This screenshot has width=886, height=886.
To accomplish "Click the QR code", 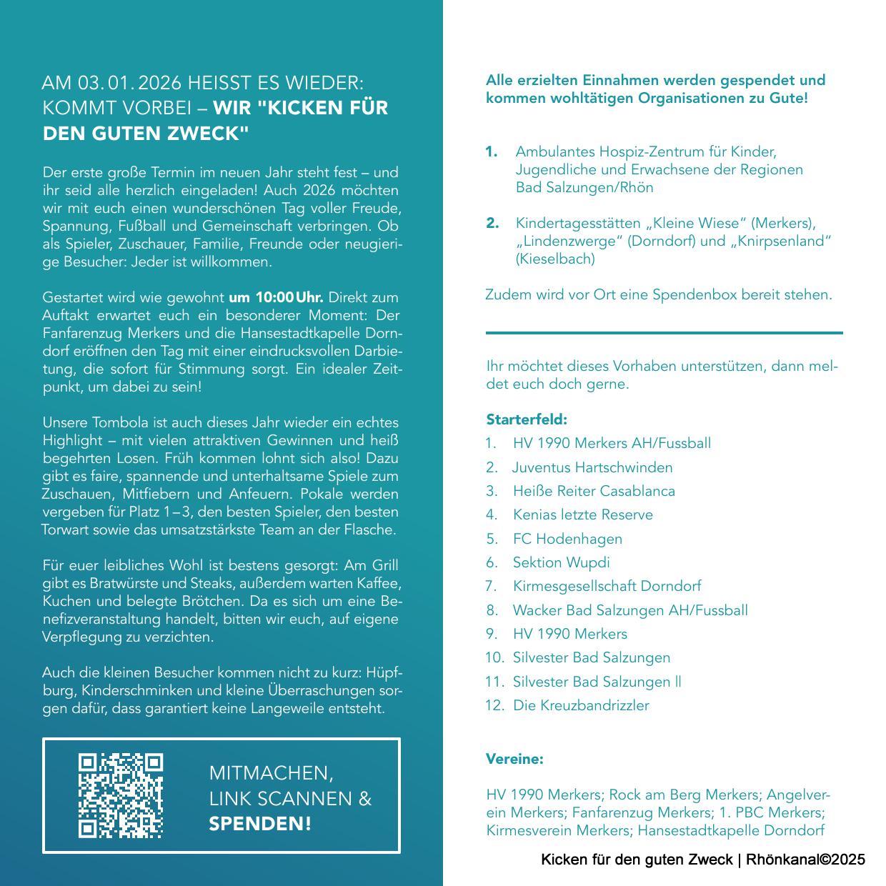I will point(121,795).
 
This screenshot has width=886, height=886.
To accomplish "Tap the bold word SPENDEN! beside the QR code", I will point(260,824).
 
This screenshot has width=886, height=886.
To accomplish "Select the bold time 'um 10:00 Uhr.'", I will point(276,297).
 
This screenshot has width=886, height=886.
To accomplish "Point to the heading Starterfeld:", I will point(527,419).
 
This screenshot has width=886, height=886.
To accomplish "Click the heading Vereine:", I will point(514,759).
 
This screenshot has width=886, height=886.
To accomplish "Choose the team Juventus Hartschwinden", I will point(592,467).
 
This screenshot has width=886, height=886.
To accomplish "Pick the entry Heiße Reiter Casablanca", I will point(594,491).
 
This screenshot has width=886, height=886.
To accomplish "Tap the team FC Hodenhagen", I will point(567,539).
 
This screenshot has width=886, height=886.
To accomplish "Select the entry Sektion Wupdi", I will point(561,562).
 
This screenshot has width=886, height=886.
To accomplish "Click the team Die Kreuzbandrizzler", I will point(581,705).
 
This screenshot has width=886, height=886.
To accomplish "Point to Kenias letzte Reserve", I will point(582,514).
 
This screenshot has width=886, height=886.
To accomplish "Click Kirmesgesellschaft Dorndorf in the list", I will point(607,586).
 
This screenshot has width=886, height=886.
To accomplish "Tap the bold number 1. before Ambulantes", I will point(492,151).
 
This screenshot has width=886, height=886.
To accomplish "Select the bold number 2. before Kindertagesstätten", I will point(492,223).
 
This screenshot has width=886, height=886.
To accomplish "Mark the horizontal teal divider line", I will point(664,332).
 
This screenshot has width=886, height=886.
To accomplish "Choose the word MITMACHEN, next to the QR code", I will point(271,772).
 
